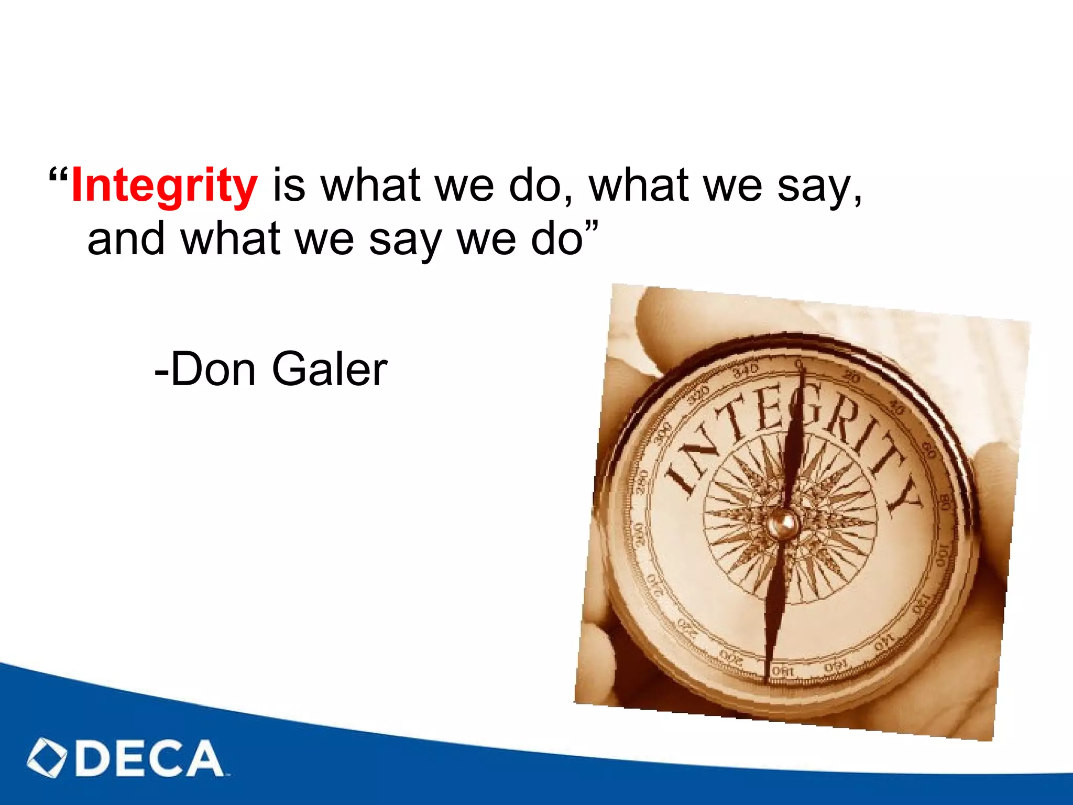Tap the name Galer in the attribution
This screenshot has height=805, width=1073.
coord(330,369)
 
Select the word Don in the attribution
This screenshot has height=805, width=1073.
coord(213,369)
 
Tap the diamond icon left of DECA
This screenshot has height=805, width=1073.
coord(47,758)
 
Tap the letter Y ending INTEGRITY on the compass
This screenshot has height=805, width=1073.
coord(904,495)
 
